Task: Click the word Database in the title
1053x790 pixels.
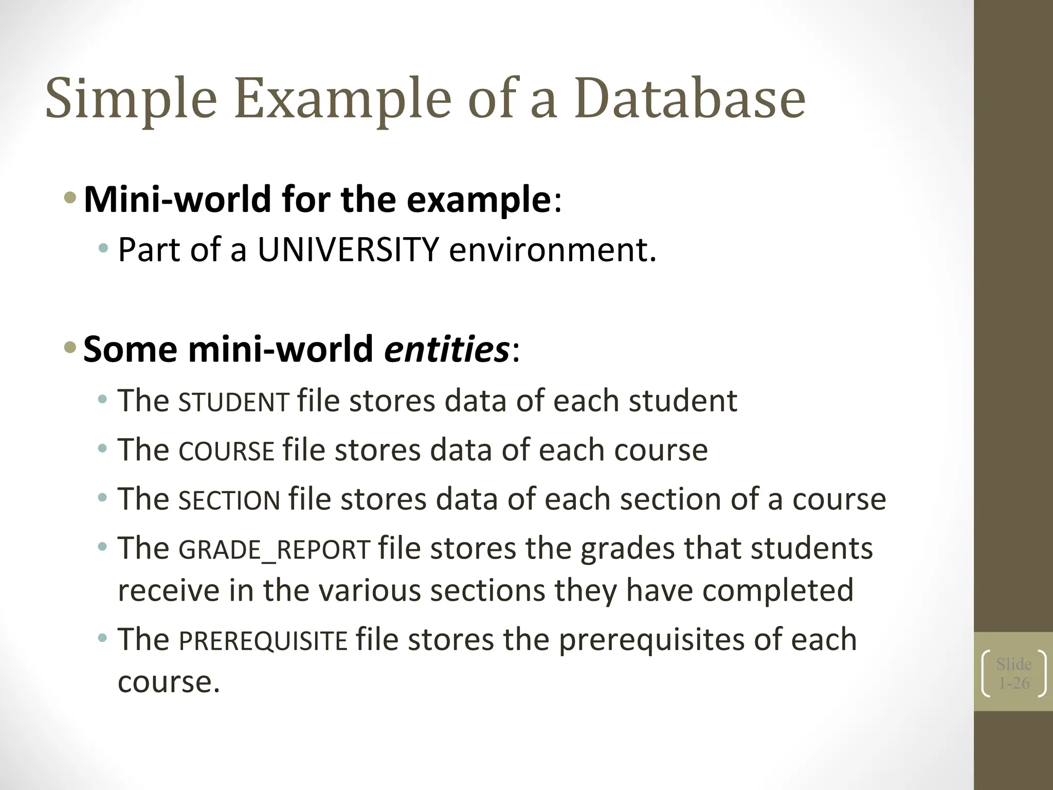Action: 689,98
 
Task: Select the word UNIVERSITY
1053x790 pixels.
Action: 348,250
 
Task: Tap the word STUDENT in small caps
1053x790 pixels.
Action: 234,402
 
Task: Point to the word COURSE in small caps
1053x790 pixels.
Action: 226,452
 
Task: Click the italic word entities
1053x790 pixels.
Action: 446,349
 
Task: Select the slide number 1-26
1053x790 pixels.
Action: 1014,683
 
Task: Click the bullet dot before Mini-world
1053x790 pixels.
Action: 70,197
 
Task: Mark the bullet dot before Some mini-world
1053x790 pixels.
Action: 70,348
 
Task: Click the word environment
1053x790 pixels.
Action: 553,250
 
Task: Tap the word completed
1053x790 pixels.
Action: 777,590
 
